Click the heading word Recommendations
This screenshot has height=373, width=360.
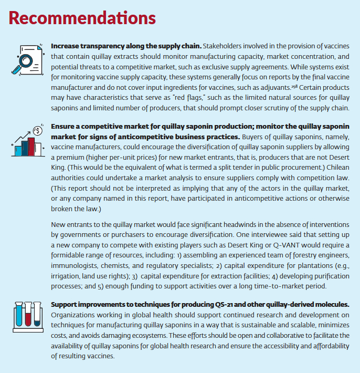(82, 18)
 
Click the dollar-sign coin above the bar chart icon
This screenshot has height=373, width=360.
(37, 130)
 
